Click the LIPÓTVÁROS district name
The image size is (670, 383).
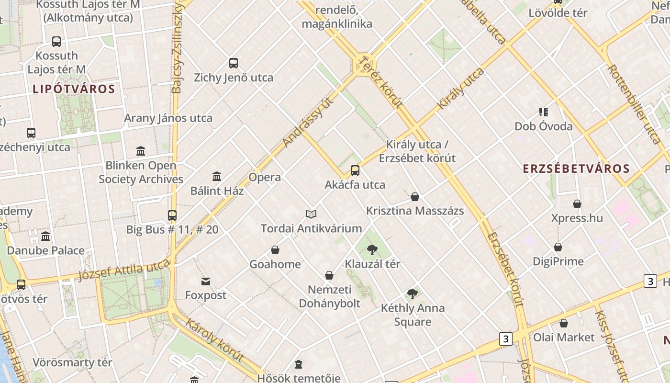point(74,89)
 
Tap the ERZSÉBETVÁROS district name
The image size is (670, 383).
point(576,169)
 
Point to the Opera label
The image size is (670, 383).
point(265,177)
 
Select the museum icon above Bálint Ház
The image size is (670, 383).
point(217,176)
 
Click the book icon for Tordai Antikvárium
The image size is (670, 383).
point(311,214)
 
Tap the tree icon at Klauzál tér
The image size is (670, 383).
point(372,249)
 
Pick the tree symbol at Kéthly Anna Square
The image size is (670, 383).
point(413,294)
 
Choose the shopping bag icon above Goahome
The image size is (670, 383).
point(275,250)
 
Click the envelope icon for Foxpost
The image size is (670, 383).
point(206,281)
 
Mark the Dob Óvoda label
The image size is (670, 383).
point(544,126)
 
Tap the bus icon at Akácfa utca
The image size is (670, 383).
point(355,170)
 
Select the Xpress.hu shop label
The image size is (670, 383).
point(577,218)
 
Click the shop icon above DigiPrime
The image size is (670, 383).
point(558,247)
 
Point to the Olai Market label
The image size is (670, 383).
point(564,337)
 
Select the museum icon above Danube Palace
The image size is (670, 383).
point(45,236)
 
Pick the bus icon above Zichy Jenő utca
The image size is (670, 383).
point(234,63)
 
